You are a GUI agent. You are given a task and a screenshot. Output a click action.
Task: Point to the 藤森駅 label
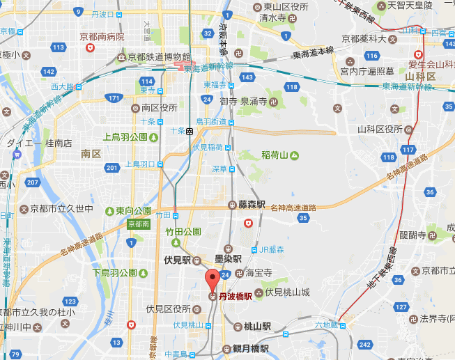coord(252,205)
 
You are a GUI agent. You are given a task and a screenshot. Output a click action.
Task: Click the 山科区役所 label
coord(380,129)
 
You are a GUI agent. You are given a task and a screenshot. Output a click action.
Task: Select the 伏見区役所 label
coord(169,308)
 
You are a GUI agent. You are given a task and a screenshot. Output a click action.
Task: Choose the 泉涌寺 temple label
coord(254,102)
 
